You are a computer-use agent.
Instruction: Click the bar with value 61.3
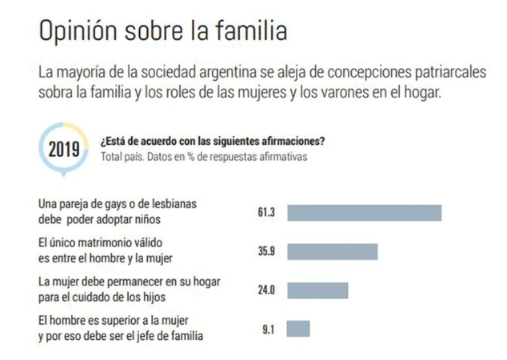point(364,212)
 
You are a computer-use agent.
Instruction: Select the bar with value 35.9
point(332,251)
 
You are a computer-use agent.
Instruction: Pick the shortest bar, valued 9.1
point(298,329)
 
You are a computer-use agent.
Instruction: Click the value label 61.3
point(266,212)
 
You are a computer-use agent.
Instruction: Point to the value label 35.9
point(266,251)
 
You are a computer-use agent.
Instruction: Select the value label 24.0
point(266,290)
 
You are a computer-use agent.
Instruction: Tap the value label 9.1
point(269,329)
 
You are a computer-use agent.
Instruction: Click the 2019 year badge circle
point(64,149)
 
